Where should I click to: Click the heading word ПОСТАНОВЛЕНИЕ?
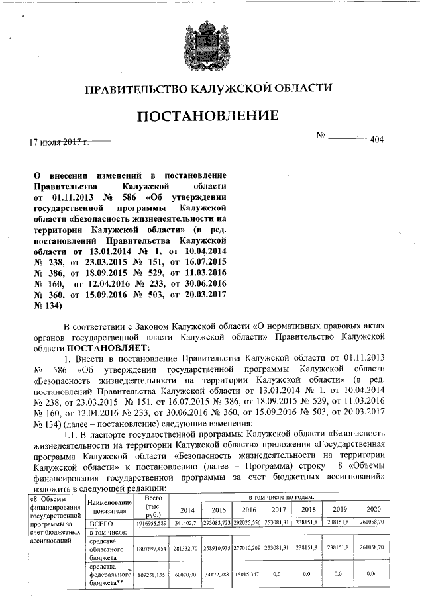pyautogui.click(x=207, y=116)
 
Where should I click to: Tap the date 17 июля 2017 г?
pyautogui.click(x=63, y=141)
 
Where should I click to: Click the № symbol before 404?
pyautogui.click(x=321, y=136)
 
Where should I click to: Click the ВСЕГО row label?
pyautogui.click(x=101, y=523)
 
